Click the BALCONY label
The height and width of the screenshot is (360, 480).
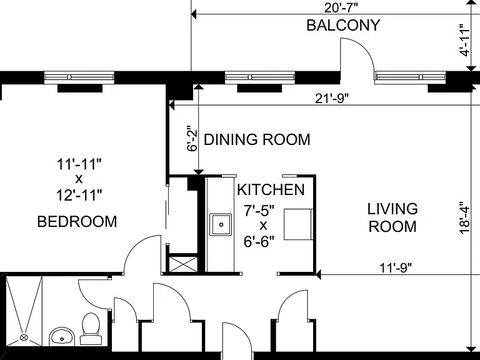click(343, 25)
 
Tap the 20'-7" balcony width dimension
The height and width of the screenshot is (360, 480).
click(341, 7)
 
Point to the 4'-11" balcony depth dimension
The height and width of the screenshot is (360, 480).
click(465, 40)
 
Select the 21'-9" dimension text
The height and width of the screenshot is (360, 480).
click(332, 99)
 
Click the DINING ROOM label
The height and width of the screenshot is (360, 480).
click(257, 139)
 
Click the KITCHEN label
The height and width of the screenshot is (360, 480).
click(271, 190)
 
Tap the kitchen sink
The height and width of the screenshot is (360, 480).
click(221, 225)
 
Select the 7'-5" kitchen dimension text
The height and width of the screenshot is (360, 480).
click(259, 211)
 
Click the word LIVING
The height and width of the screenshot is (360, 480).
click(392, 209)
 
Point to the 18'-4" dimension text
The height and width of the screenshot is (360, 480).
click(465, 217)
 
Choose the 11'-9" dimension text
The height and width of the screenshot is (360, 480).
click(396, 268)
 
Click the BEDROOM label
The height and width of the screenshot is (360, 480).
click(77, 221)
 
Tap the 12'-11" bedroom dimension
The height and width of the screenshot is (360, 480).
click(79, 195)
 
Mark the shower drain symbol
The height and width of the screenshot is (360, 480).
click(24, 337)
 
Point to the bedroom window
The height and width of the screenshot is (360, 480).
click(79, 77)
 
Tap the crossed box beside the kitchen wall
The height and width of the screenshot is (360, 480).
click(183, 264)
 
